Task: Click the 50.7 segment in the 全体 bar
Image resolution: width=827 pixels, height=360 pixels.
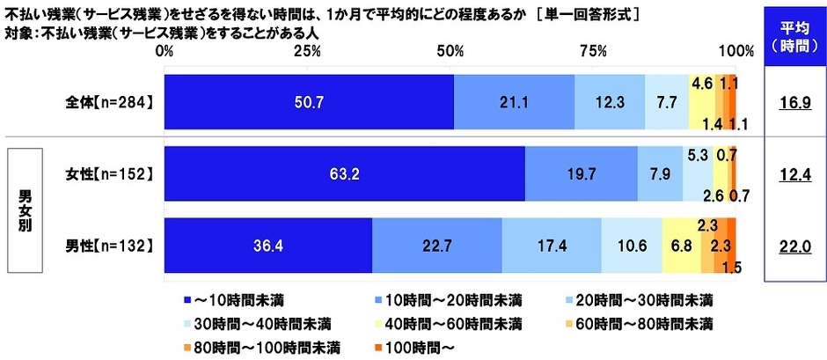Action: (309, 102)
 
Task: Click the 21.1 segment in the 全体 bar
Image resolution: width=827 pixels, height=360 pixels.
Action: (514, 102)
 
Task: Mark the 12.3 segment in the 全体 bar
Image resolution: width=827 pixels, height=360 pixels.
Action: (609, 102)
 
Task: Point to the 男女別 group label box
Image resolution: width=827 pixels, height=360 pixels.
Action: (29, 208)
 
